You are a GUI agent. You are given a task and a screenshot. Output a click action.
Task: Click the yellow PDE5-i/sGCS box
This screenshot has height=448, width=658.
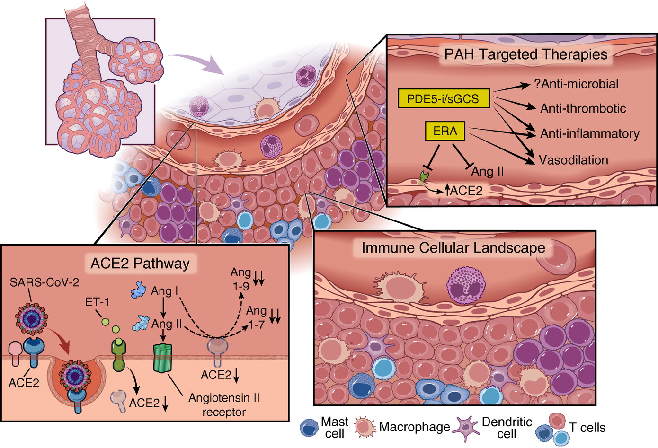tap(444, 99)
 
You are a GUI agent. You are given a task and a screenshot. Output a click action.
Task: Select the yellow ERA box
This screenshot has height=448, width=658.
tap(445, 131)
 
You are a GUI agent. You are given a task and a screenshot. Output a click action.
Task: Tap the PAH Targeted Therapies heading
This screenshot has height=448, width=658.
tap(525, 54)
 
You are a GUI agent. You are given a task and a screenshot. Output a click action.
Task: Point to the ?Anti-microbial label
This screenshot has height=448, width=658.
tap(576, 84)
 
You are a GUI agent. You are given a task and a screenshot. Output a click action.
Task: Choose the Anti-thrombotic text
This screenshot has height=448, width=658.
tap(583, 108)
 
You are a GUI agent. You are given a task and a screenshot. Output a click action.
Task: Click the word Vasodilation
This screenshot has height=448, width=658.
tap(573, 160)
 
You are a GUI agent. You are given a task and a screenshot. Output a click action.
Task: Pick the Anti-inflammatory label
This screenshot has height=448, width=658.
tap(589, 134)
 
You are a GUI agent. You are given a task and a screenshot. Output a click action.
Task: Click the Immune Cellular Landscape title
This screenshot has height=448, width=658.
tap(453, 248)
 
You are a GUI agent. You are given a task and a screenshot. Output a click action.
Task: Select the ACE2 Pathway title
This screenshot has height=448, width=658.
tap(140, 263)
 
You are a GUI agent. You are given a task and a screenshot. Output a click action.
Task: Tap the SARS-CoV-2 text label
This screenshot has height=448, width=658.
tap(44, 282)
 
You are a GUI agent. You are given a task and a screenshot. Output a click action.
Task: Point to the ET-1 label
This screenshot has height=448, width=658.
tap(97, 302)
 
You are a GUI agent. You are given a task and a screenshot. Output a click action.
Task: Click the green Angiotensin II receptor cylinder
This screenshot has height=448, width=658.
tap(162, 358)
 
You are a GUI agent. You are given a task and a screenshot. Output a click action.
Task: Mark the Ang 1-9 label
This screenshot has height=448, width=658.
tap(240, 279)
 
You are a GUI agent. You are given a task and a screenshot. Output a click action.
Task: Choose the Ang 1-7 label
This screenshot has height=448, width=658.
tap(256, 317)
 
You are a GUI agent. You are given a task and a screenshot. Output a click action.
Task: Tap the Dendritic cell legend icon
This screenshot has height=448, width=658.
tap(466, 427)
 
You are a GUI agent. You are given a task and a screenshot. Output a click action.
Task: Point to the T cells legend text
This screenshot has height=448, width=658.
tap(587, 428)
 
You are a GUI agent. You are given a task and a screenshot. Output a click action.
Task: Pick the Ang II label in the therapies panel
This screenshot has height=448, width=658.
tap(487, 171)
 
